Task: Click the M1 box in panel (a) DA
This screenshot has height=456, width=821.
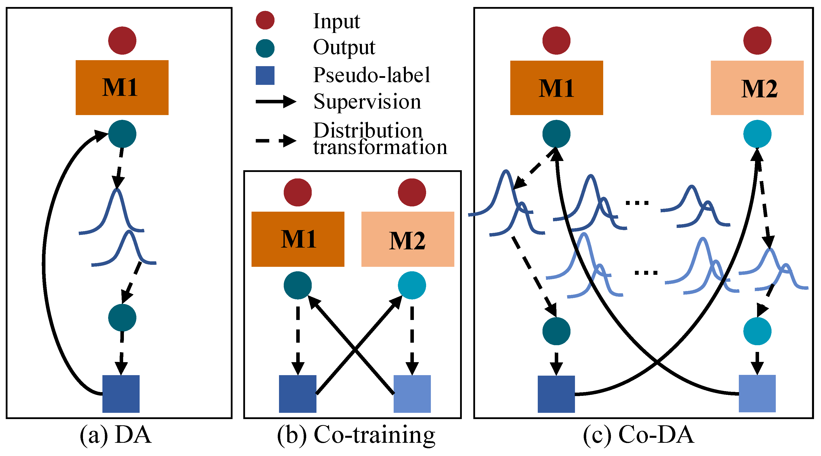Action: click(122, 87)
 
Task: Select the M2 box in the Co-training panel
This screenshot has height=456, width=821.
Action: click(407, 239)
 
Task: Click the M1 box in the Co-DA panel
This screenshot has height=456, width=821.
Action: click(556, 88)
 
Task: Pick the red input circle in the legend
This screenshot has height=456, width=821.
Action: click(265, 20)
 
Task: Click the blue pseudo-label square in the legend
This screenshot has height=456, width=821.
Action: click(265, 75)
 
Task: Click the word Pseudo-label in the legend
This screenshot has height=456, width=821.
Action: click(371, 75)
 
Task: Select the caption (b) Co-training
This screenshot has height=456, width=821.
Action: click(356, 435)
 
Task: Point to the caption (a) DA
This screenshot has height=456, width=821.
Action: click(115, 435)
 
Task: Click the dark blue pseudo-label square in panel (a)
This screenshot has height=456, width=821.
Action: click(121, 394)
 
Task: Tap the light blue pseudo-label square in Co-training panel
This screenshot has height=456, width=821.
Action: click(412, 394)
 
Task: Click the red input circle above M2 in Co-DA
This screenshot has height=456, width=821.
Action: click(757, 40)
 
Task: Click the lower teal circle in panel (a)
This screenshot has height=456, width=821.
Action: click(122, 317)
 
